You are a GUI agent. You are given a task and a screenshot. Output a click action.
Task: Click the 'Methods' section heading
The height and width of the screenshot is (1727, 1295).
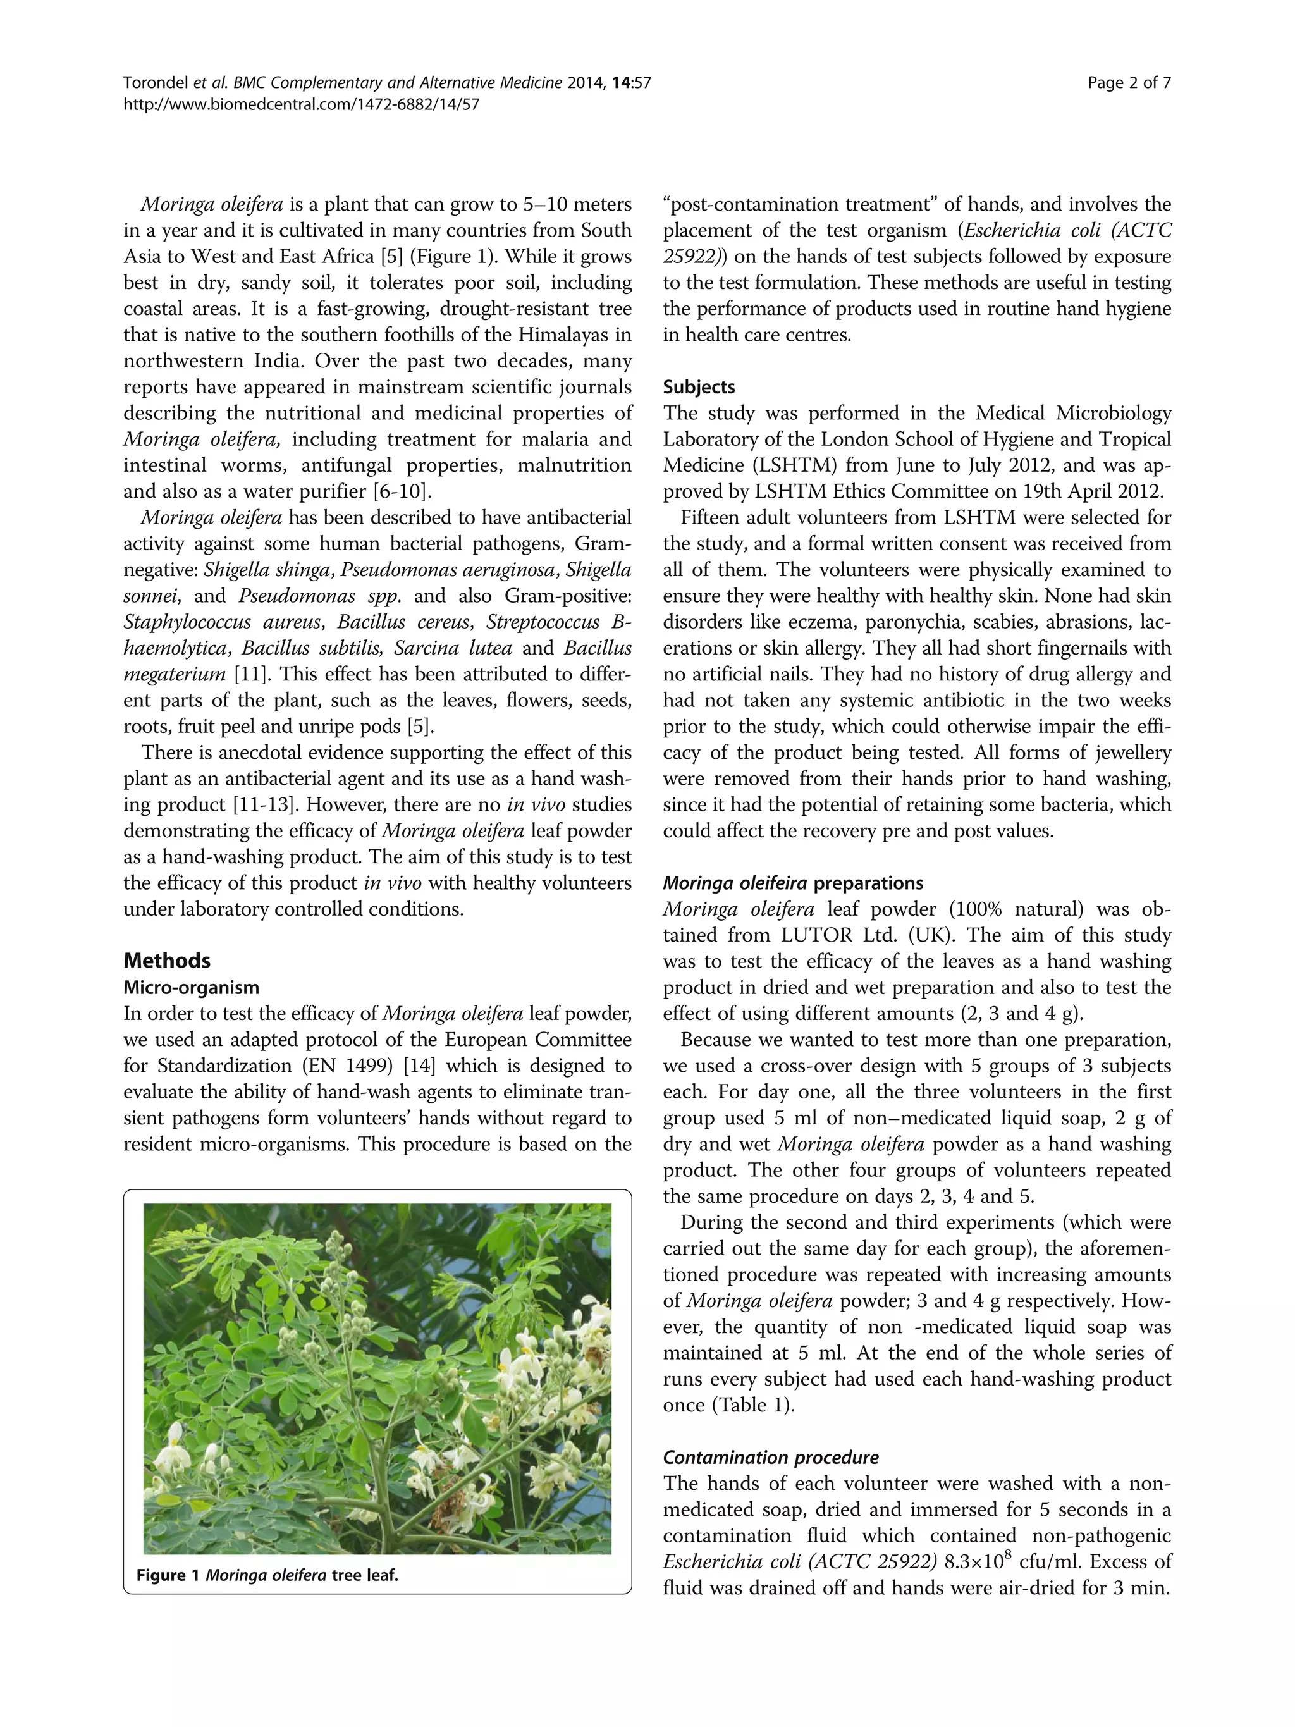click(x=166, y=961)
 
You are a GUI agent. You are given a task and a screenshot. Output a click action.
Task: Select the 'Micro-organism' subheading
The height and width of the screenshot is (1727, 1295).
click(x=191, y=987)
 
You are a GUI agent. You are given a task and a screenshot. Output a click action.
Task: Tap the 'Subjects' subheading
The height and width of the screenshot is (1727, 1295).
click(x=699, y=387)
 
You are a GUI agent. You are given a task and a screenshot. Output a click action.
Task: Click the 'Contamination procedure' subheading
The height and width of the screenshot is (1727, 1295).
click(x=770, y=1457)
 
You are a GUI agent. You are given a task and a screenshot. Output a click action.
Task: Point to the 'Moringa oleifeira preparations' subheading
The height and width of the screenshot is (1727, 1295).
click(x=792, y=883)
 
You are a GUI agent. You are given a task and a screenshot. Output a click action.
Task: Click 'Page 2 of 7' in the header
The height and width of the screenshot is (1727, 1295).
click(x=1129, y=83)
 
